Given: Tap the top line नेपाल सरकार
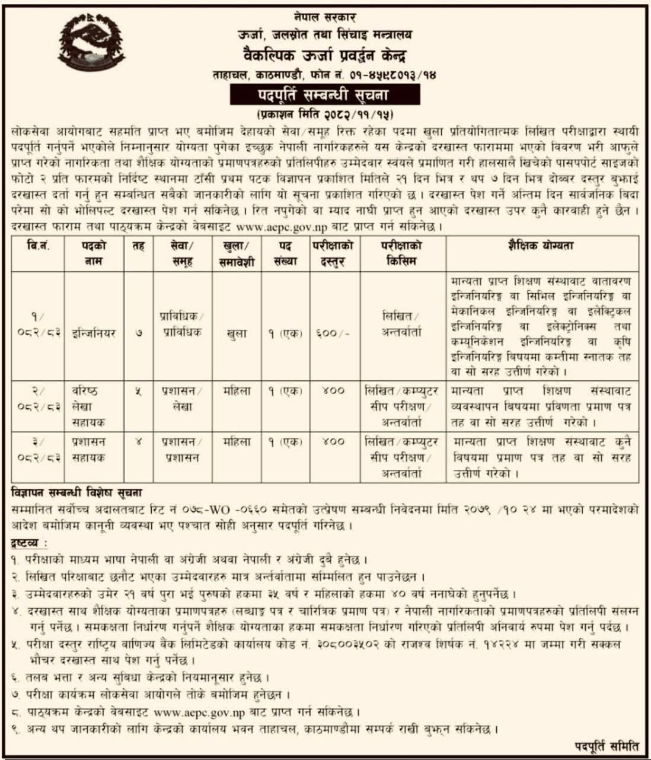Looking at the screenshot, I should (325, 18).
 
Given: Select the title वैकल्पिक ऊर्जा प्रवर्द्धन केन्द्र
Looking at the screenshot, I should (325, 57).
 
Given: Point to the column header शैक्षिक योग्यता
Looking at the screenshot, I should (541, 246).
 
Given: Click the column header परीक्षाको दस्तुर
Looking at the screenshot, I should (334, 253).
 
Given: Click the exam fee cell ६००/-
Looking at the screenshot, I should (333, 333).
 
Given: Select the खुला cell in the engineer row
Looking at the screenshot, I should (237, 333).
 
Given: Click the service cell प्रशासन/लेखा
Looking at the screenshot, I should (181, 399).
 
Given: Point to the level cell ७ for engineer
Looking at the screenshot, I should (139, 333).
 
